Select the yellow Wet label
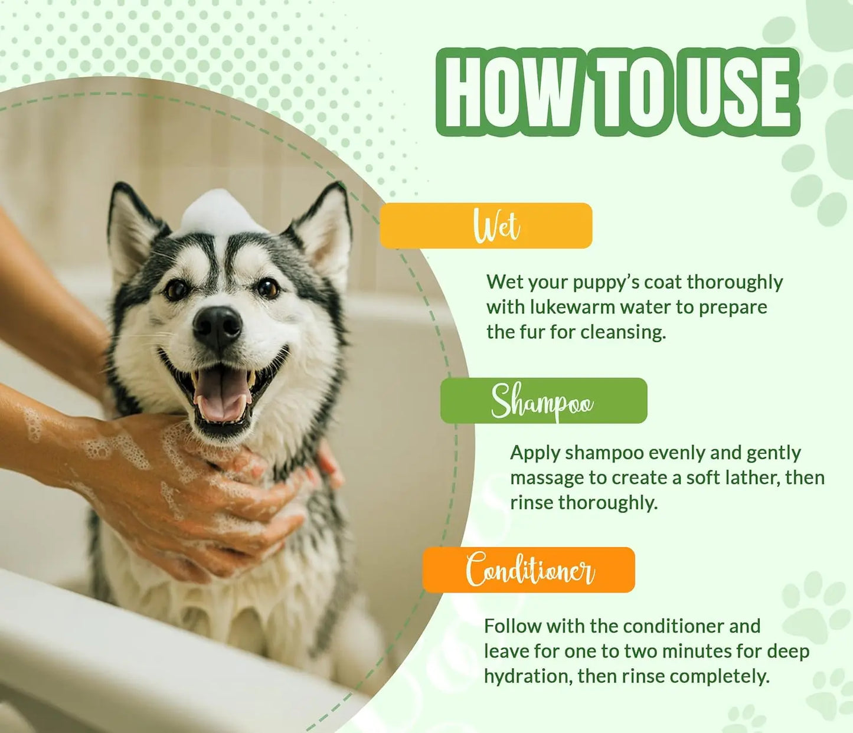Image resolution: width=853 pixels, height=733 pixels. pos(486,225)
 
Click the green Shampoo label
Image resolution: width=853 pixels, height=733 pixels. pos(543,401)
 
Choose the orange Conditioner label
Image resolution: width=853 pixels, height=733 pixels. pos(529,570)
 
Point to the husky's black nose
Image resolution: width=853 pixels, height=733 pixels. pos(217,325)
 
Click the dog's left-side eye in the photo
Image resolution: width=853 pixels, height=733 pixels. pos(176,289)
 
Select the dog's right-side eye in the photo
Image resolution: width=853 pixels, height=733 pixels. pos(267,287)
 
